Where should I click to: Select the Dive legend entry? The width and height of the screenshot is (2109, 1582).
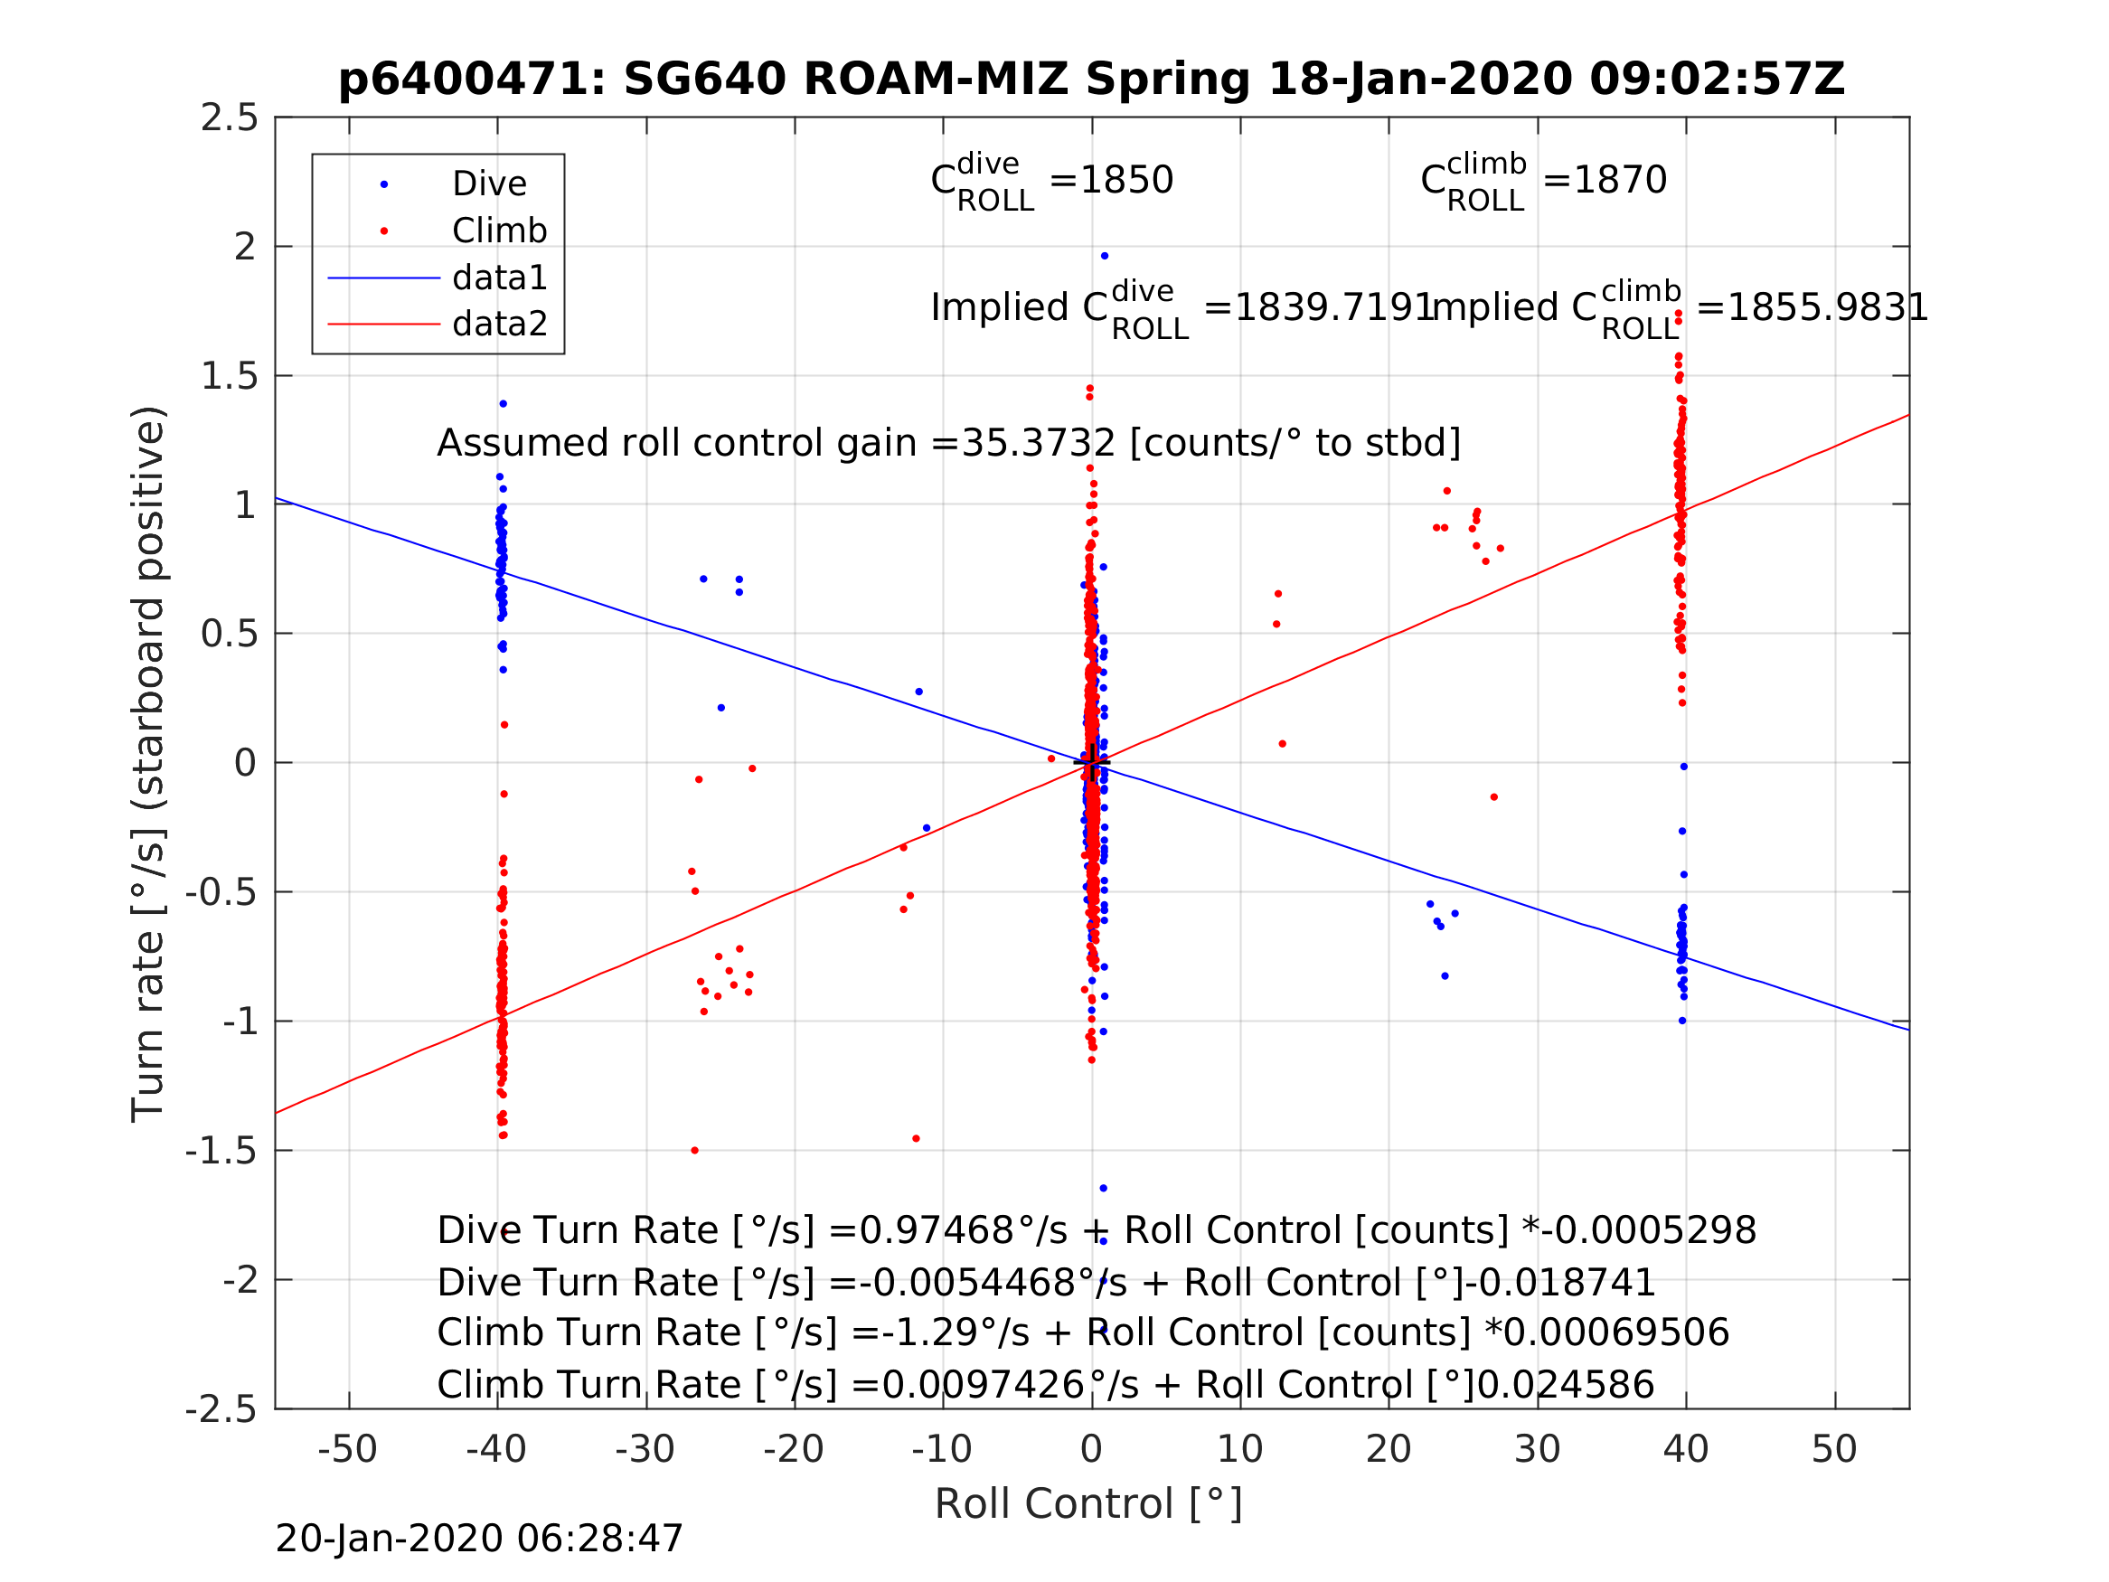click(488, 184)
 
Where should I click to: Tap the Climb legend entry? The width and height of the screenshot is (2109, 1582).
click(499, 231)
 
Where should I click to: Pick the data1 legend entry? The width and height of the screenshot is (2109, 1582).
click(500, 278)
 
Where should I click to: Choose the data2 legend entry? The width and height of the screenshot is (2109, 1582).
click(500, 325)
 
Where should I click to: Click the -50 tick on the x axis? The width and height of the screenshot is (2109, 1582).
click(347, 1449)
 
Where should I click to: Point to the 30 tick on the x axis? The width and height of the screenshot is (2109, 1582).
click(1537, 1449)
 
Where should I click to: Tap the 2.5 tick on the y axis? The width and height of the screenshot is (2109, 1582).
click(229, 118)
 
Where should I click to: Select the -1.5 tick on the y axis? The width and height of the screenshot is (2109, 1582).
click(221, 1151)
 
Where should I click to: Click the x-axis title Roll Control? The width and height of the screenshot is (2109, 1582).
click(1087, 1504)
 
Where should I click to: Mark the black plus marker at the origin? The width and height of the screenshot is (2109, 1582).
click(1092, 763)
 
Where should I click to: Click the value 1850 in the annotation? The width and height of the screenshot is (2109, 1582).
click(1126, 180)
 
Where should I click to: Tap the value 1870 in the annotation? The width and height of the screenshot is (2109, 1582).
click(1620, 180)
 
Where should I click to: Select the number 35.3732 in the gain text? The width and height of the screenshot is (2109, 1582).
click(1038, 444)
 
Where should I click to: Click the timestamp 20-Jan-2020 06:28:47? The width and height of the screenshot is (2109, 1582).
click(478, 1538)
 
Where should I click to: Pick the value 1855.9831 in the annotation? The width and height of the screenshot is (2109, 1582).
click(1828, 308)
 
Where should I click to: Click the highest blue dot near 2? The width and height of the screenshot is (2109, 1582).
click(1104, 256)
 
